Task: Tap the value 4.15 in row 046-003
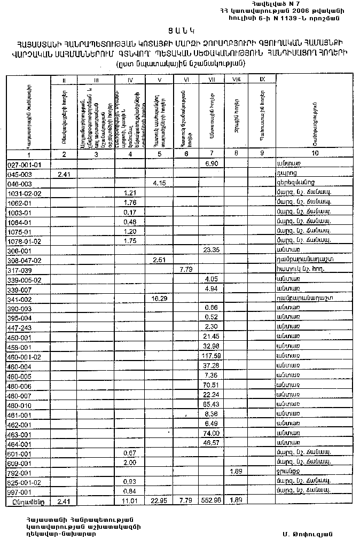tap(159, 183)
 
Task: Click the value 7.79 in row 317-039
tap(185, 269)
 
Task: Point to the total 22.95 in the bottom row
tap(159, 500)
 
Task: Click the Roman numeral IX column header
tap(262, 79)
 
